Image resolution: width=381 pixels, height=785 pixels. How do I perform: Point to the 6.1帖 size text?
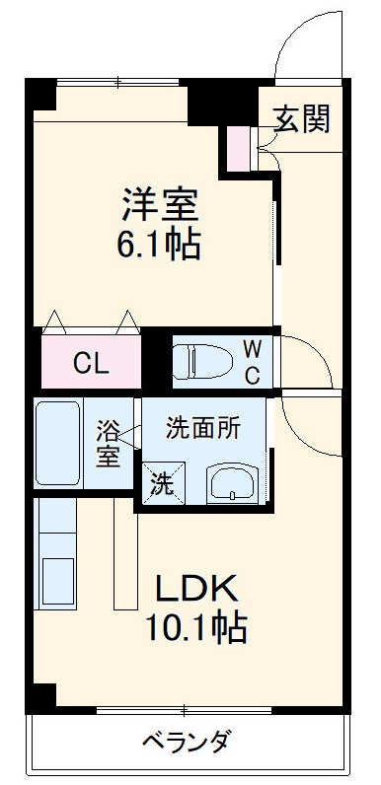[x=160, y=243]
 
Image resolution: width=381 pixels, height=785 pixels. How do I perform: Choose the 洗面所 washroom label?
[x=202, y=429]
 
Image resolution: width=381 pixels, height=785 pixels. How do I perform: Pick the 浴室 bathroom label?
[x=108, y=444]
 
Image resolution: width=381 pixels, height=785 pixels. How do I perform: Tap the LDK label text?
[x=194, y=590]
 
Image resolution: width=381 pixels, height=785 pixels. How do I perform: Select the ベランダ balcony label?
[x=186, y=741]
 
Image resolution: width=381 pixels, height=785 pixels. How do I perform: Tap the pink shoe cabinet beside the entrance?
[x=237, y=147]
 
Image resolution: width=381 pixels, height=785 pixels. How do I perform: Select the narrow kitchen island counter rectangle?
[x=126, y=552]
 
